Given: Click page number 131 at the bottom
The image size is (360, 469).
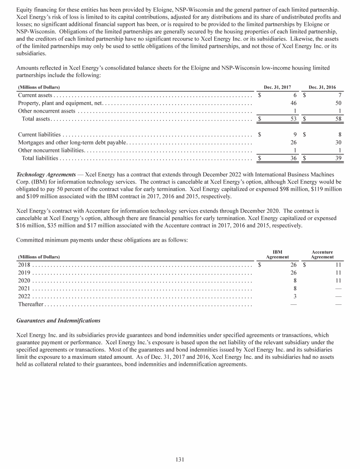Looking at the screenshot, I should coord(180,459).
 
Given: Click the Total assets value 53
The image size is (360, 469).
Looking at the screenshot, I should coord(294,119).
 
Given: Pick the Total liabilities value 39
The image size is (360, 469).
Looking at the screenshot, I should coord(339,159).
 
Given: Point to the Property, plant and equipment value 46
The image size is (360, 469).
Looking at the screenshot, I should coord(294,103).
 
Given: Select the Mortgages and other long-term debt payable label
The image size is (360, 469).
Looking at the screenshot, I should coord(72,143).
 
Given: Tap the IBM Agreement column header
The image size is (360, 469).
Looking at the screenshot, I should coord(277,254).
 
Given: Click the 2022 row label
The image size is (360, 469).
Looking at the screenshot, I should coord(24,296).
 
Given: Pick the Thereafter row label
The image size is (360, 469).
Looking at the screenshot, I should coord(30,304).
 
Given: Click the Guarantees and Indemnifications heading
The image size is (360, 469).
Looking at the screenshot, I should coord(58,321).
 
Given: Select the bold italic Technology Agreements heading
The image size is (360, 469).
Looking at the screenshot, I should coord(46,174).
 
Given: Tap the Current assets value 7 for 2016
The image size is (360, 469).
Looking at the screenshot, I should coord(339,95).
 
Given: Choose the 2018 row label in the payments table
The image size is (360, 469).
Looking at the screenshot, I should coord(24,265).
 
